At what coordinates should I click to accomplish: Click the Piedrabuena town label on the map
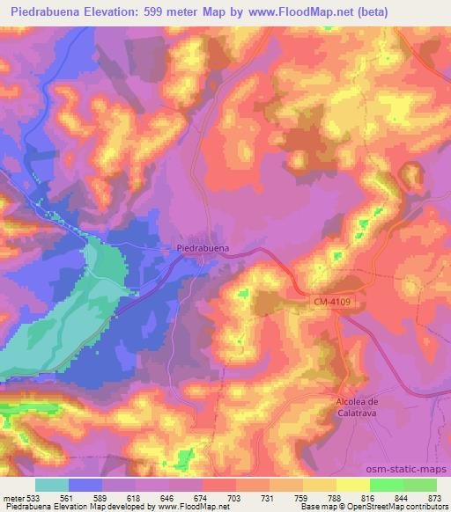[203, 248]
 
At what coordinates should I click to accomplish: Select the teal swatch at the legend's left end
[53, 485]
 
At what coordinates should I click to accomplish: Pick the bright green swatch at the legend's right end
[419, 485]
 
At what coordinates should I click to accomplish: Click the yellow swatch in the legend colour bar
[352, 485]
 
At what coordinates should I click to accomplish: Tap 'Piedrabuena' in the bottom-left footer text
[26, 508]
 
